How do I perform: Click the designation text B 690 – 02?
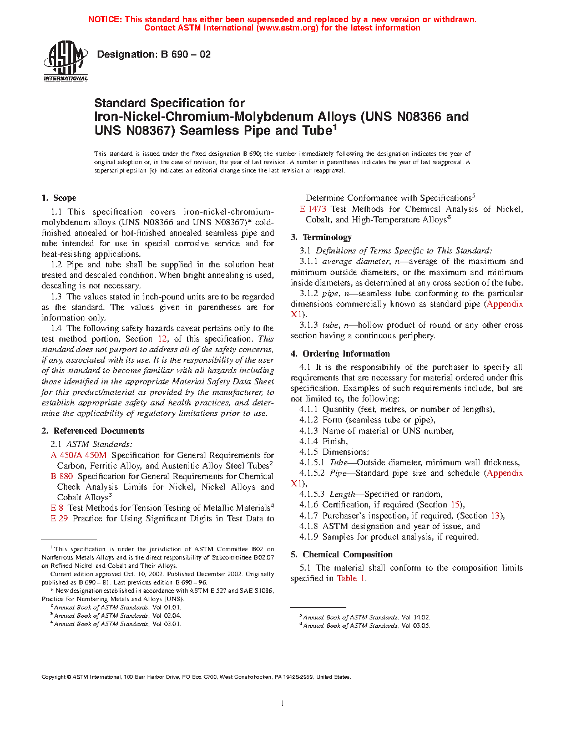coord(154,54)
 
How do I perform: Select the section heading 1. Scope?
coord(59,198)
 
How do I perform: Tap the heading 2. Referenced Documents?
coord(93,431)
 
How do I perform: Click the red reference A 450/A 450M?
coord(78,455)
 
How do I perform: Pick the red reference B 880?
coord(62,476)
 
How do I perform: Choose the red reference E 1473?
coord(313,209)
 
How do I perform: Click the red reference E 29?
coord(59,518)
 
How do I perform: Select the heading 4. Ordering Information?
coord(340,354)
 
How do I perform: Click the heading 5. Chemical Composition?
coord(341,555)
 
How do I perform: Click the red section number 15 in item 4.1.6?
coord(455,505)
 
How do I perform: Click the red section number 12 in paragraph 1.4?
coord(162,339)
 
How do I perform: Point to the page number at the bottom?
coord(282,704)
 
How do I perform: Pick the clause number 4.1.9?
coord(309,537)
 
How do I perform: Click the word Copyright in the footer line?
coord(54,677)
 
